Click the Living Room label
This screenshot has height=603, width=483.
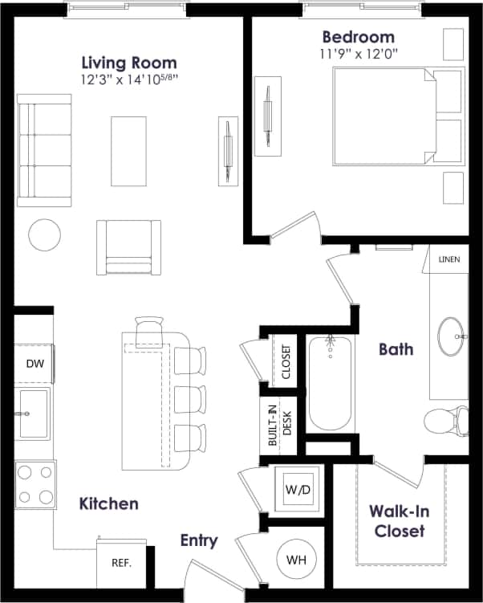[x=129, y=63]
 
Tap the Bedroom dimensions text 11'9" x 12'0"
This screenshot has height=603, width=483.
[x=358, y=55]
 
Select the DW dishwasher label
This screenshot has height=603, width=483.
[x=34, y=364]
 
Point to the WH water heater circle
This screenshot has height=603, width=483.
[x=296, y=560]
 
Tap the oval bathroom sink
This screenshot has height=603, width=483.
[x=452, y=337]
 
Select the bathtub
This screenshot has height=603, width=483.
[x=329, y=383]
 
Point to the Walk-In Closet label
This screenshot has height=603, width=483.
[x=397, y=520]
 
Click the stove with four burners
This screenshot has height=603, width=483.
[x=35, y=484]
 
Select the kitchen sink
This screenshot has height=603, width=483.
[x=33, y=414]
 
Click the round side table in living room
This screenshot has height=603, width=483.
[x=44, y=234]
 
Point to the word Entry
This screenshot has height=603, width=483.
[x=198, y=540]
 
